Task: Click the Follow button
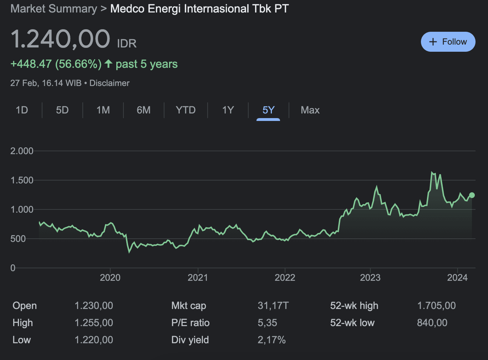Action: point(448,42)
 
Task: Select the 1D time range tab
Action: point(22,110)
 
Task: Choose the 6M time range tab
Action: point(143,110)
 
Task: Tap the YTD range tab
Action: point(185,110)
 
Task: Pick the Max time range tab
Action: point(310,110)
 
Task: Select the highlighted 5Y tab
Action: point(268,110)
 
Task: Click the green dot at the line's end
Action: point(472,195)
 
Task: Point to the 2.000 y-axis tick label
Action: point(22,151)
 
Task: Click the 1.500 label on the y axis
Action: point(22,180)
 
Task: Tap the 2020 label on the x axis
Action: point(110,278)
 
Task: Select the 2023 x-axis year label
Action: point(370,278)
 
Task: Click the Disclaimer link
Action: point(109,83)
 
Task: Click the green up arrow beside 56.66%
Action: point(109,64)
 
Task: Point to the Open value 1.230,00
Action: point(94,306)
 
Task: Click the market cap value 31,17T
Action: point(273,306)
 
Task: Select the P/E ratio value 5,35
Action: point(267,323)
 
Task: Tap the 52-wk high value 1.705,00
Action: point(436,306)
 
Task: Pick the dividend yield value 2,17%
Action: point(271,340)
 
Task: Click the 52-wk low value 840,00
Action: point(432,323)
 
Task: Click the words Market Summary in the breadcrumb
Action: point(54,9)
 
